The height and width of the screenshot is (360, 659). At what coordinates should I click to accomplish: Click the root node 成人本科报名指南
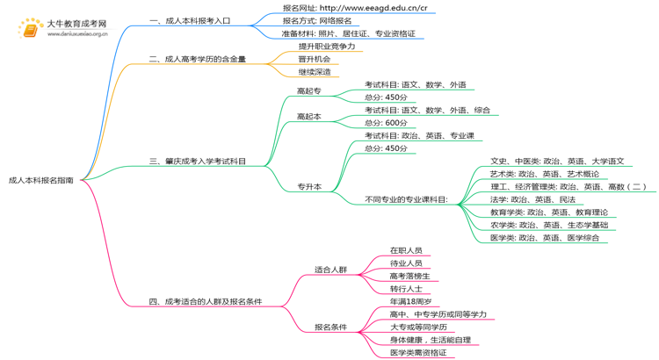click(x=41, y=179)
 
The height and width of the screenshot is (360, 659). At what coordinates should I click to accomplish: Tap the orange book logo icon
click(x=31, y=30)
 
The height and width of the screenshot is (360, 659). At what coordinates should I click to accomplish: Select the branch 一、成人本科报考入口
click(x=190, y=20)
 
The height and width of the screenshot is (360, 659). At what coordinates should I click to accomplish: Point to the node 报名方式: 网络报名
click(x=316, y=20)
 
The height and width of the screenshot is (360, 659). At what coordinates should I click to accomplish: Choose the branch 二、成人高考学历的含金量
click(x=198, y=60)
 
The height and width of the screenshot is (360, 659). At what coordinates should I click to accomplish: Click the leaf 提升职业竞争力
click(x=327, y=47)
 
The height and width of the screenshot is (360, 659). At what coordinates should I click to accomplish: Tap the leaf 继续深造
click(x=315, y=72)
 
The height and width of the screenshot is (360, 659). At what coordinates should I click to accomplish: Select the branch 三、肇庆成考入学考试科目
click(x=198, y=162)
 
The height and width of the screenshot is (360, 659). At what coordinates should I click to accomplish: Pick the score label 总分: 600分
click(x=386, y=123)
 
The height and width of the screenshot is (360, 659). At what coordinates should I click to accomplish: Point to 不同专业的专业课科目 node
click(x=406, y=199)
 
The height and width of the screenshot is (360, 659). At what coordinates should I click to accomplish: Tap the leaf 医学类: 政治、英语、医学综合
click(x=545, y=238)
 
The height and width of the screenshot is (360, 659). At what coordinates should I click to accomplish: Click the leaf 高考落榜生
click(x=410, y=276)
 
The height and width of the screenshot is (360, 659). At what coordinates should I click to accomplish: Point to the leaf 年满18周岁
click(x=410, y=302)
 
